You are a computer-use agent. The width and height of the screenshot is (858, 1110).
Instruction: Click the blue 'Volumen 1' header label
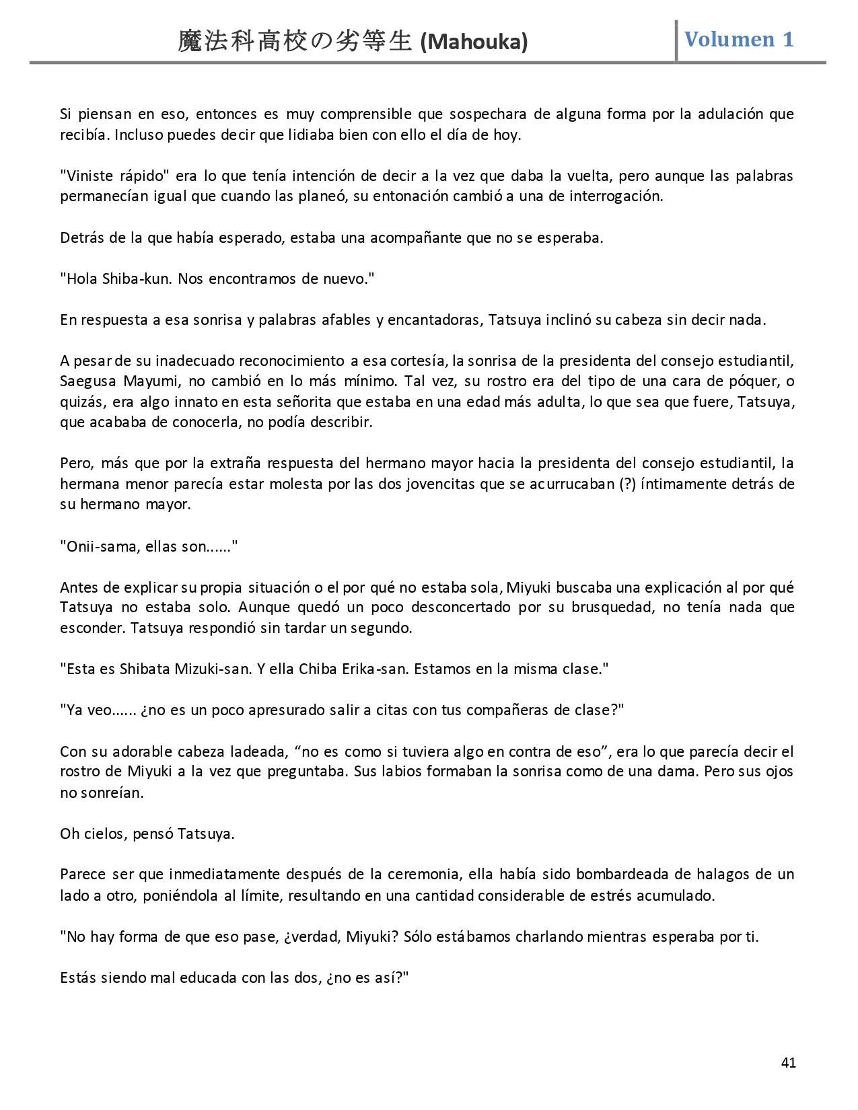(x=739, y=39)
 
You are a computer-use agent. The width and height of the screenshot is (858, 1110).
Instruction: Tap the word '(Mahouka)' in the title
(x=474, y=42)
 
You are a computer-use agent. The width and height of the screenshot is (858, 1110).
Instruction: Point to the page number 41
(x=789, y=1063)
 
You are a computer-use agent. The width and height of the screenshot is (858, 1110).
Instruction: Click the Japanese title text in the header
(x=295, y=42)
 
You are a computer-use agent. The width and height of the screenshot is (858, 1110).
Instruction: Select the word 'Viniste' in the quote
(x=87, y=176)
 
